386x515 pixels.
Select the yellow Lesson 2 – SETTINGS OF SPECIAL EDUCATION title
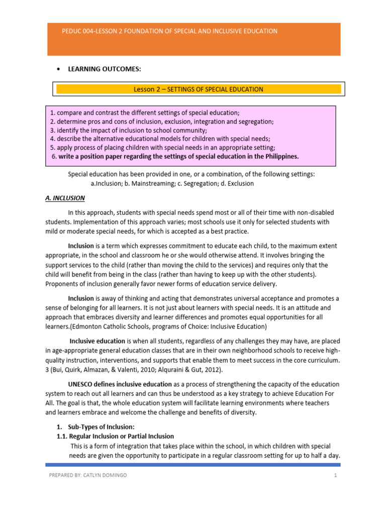pos(198,90)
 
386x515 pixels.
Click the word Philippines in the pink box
pos(280,156)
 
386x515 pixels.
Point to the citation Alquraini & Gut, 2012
pos(181,370)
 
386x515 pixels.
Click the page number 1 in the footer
pos(334,475)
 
